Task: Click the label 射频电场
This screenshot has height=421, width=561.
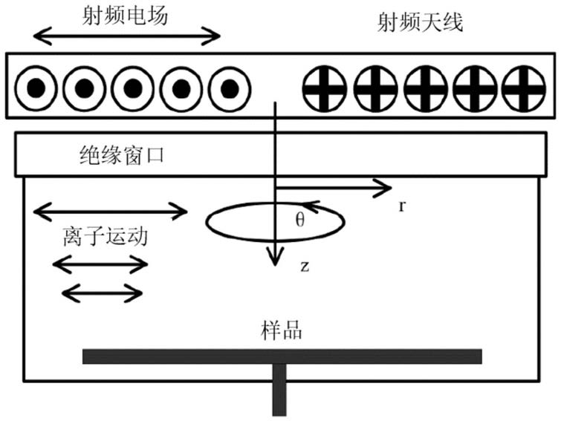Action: (x=125, y=16)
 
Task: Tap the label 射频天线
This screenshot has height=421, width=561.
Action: (x=420, y=22)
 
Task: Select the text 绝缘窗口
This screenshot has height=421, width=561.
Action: (x=122, y=155)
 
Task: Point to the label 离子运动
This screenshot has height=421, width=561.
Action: (x=106, y=236)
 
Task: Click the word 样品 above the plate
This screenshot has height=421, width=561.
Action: (x=281, y=330)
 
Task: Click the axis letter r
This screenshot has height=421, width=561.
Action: (x=402, y=206)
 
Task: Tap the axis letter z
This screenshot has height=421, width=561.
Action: (x=305, y=267)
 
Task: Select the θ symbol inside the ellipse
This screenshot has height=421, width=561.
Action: (x=300, y=219)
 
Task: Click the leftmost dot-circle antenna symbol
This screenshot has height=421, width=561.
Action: (x=36, y=88)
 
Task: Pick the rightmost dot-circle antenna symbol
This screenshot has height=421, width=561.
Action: (x=230, y=88)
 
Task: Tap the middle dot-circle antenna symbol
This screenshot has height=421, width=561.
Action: (x=133, y=88)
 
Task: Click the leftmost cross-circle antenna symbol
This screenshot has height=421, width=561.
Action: (x=325, y=88)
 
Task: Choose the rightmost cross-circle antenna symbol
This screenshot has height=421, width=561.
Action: (x=524, y=88)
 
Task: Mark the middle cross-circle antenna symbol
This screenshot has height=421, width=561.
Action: (x=426, y=88)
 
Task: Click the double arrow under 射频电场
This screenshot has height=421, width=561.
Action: (x=126, y=36)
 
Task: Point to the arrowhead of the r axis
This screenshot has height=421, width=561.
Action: (x=386, y=188)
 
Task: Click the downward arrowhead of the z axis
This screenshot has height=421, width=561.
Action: (x=275, y=258)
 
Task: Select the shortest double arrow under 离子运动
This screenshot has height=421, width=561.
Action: (x=103, y=293)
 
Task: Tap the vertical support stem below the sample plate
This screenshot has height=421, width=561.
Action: (x=279, y=390)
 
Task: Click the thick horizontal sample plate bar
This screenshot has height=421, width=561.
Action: (x=282, y=356)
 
